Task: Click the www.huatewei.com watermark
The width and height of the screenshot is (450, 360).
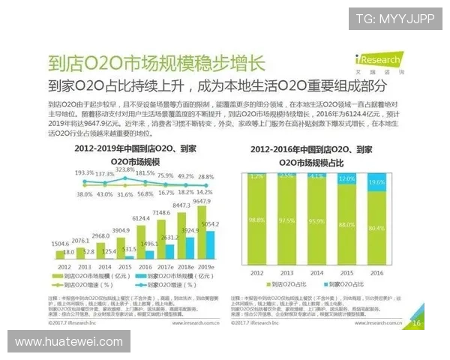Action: [x=68, y=342]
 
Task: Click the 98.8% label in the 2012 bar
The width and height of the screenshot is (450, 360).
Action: [x=258, y=219]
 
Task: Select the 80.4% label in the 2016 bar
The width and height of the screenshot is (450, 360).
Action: [x=376, y=228]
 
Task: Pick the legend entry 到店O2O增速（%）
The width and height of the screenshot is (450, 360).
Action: [x=85, y=285]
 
